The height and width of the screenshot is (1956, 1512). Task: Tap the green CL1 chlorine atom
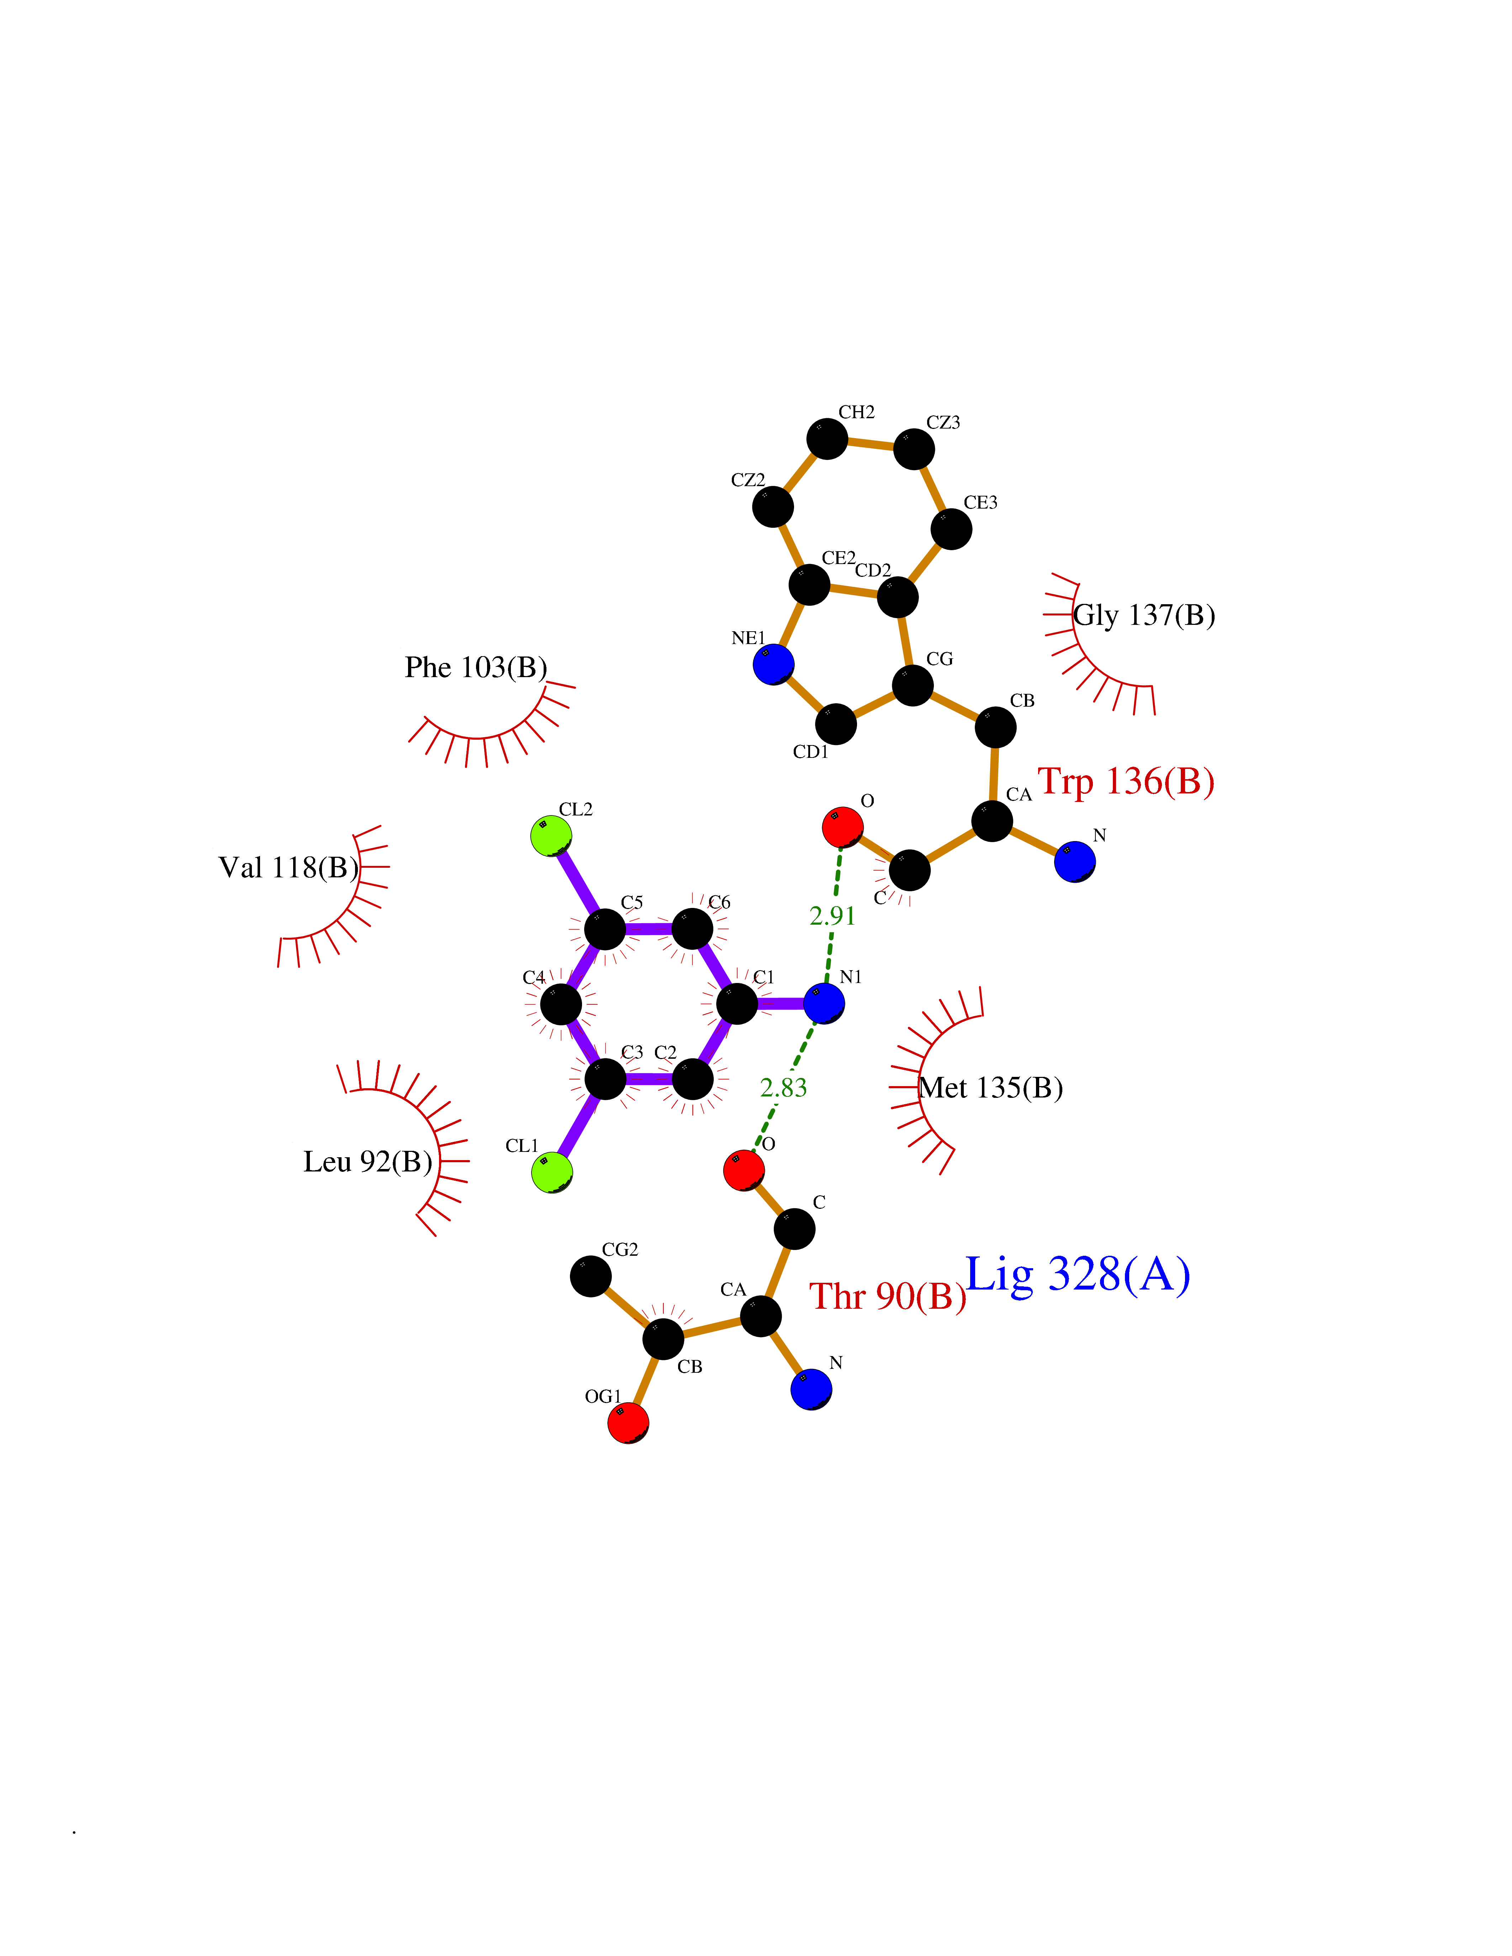(552, 1172)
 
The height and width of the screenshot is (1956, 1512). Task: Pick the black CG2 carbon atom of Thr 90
(591, 1276)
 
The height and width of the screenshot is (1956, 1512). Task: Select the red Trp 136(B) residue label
(1126, 782)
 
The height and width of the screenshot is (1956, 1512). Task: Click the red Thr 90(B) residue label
(888, 1296)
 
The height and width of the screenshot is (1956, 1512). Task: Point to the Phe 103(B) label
(476, 667)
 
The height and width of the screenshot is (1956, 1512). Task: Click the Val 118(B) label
(289, 867)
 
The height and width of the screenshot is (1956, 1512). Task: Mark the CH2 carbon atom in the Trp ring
(827, 439)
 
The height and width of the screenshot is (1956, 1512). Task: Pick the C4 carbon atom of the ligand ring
(561, 1004)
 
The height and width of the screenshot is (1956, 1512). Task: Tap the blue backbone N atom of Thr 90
(811, 1389)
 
